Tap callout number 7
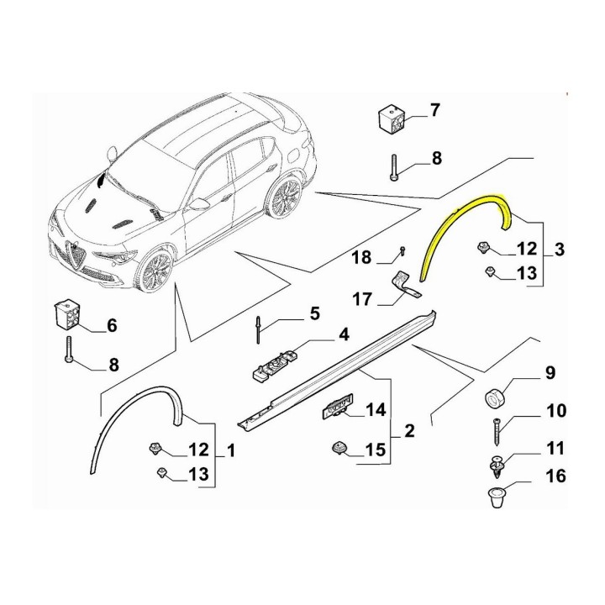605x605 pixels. (435, 110)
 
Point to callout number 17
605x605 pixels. (362, 299)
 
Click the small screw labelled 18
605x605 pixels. (402, 250)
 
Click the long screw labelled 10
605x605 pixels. (497, 431)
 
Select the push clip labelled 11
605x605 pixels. (497, 465)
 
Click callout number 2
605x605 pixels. (409, 430)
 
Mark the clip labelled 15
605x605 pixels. (339, 449)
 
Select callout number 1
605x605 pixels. (231, 450)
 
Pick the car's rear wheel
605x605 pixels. (284, 197)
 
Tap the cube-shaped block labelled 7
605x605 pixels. (392, 118)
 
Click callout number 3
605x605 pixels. (560, 250)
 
